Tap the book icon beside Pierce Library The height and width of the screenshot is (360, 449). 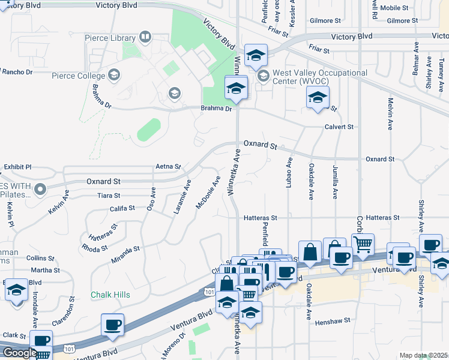(x=144, y=38)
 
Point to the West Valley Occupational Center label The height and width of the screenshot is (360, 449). (x=320, y=77)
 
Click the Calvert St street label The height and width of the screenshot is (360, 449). (x=339, y=127)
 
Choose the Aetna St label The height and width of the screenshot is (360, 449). (x=168, y=166)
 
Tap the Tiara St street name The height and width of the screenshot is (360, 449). (x=109, y=196)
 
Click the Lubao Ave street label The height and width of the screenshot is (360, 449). (x=289, y=173)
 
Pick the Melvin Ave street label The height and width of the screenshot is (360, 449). (x=390, y=115)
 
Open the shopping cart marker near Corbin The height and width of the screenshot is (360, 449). (x=363, y=244)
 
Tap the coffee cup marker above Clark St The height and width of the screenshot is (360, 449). (x=112, y=325)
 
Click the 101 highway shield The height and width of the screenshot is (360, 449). (x=209, y=292)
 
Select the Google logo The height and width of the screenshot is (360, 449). (x=20, y=353)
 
